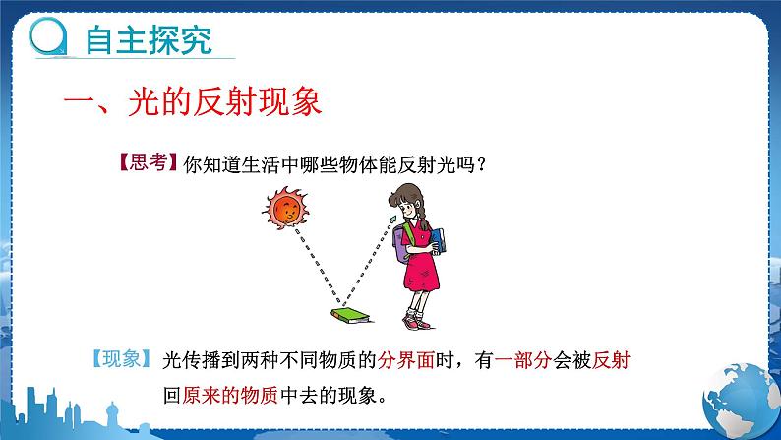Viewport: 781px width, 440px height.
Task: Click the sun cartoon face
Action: [x=285, y=209]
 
